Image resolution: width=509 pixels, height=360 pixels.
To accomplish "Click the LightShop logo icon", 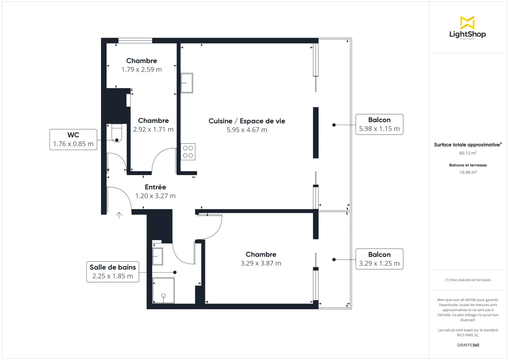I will [467, 22].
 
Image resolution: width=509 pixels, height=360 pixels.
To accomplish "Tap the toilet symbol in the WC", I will [116, 133].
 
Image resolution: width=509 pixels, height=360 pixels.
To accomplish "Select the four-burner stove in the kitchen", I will [188, 152].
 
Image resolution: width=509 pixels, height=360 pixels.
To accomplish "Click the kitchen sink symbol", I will [187, 83].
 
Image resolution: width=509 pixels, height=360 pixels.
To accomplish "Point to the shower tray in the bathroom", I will [163, 291].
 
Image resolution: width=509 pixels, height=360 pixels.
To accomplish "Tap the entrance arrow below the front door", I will [119, 215].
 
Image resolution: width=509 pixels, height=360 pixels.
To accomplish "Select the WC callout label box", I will [73, 140].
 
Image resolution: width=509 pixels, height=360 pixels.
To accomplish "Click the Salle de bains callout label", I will [112, 272].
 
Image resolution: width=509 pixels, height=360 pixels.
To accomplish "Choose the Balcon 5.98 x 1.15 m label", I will [379, 124].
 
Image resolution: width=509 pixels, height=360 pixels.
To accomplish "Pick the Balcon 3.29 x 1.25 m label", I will [379, 259].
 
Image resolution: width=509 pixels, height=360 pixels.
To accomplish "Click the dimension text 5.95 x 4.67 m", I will [247, 130].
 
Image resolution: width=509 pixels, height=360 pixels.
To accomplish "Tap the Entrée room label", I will [155, 187].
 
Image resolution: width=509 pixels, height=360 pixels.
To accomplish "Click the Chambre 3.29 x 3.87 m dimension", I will [261, 263].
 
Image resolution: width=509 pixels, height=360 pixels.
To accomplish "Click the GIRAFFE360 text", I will [468, 345].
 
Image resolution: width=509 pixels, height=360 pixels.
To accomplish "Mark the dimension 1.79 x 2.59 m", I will [141, 70].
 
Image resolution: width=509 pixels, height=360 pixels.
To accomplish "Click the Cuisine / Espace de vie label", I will [247, 121].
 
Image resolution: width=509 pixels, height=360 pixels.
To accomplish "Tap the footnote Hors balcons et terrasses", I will [468, 280].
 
